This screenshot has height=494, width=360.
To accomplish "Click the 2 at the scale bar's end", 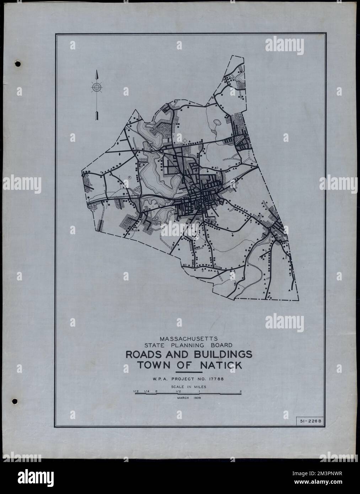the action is coord(241,392).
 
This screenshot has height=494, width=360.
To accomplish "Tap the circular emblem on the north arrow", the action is coord(97,87).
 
